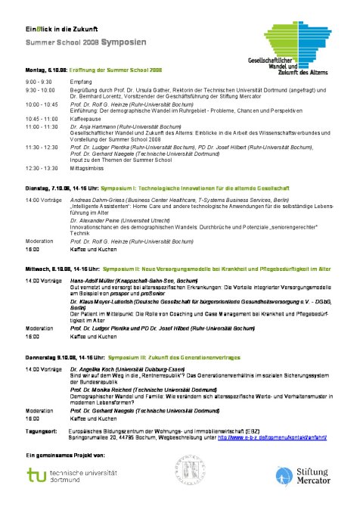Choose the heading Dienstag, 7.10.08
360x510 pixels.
click(x=48, y=186)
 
